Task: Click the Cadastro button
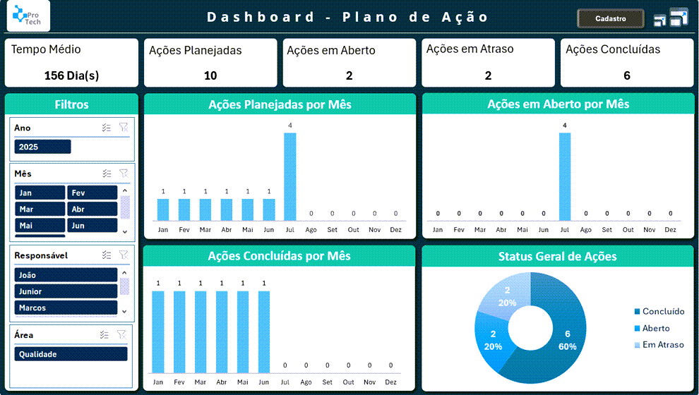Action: [x=610, y=19]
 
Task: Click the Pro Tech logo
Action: [x=28, y=17]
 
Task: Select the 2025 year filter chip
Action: [x=42, y=147]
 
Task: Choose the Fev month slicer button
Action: [x=92, y=193]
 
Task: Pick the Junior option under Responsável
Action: [x=66, y=291]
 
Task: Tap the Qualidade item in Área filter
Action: [x=71, y=354]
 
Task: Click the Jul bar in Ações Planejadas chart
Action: [x=289, y=176]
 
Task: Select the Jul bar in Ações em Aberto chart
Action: [x=564, y=176]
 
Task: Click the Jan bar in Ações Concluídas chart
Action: [x=158, y=332]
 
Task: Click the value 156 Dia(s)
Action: [x=71, y=75]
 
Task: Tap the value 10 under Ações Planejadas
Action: [x=210, y=75]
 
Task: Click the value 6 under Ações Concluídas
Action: [x=626, y=75]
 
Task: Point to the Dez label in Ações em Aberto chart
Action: [x=670, y=230]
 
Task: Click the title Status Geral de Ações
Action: [x=558, y=256]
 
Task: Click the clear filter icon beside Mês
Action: [x=124, y=173]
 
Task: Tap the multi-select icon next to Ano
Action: [x=106, y=128]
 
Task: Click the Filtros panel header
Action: [x=71, y=104]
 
